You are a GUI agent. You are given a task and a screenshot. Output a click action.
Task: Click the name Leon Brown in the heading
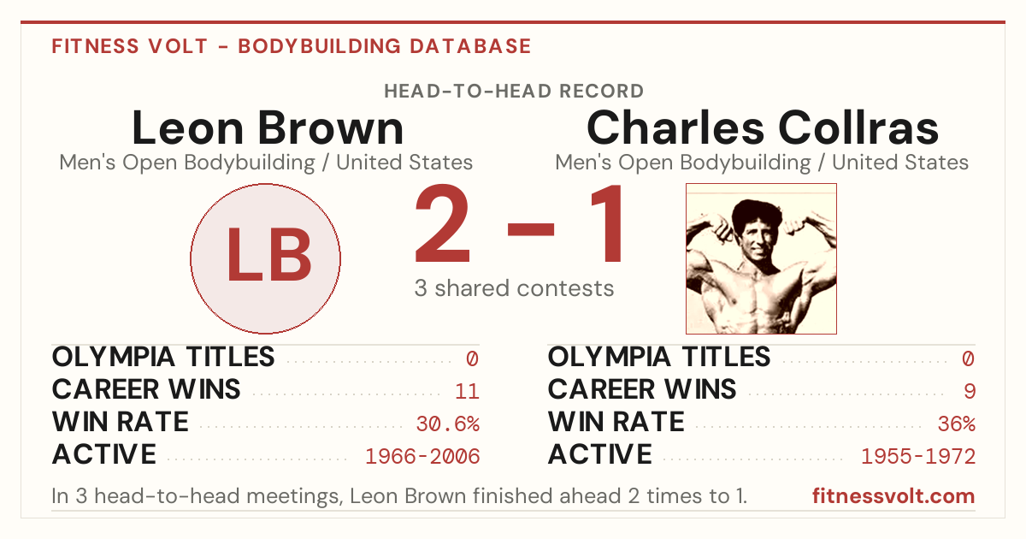coord(268,128)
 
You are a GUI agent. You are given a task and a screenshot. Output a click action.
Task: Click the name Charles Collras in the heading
coord(763,128)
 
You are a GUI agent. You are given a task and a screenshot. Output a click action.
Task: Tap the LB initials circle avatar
coord(266,259)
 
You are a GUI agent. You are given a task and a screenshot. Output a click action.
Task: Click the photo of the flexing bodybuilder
coord(761,259)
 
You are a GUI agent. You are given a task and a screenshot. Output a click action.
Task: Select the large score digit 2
coord(443,223)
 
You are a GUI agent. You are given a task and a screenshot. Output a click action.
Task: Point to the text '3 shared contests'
coord(514,289)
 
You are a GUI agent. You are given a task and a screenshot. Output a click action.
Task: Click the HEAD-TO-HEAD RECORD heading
coord(514,92)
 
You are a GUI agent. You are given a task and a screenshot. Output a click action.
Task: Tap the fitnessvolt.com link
coord(893,496)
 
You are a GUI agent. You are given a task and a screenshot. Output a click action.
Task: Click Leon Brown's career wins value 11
coord(467,392)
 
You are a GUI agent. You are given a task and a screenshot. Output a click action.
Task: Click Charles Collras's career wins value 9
coord(970,392)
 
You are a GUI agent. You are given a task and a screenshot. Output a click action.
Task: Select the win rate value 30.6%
coord(447,424)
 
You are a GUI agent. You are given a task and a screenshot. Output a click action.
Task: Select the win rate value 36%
coord(957,424)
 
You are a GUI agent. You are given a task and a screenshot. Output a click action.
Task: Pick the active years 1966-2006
coord(422,457)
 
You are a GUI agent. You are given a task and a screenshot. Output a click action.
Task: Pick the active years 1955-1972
coord(918,457)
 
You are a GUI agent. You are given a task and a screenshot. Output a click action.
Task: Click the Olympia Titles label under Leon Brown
coord(163,357)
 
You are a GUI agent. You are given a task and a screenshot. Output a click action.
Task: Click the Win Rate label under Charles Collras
coord(616,422)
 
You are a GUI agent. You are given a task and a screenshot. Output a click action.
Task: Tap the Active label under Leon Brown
coord(104,454)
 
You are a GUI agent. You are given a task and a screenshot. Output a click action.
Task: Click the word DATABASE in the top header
coord(470,46)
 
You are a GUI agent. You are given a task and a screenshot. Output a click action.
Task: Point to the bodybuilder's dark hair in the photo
coord(757,215)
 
